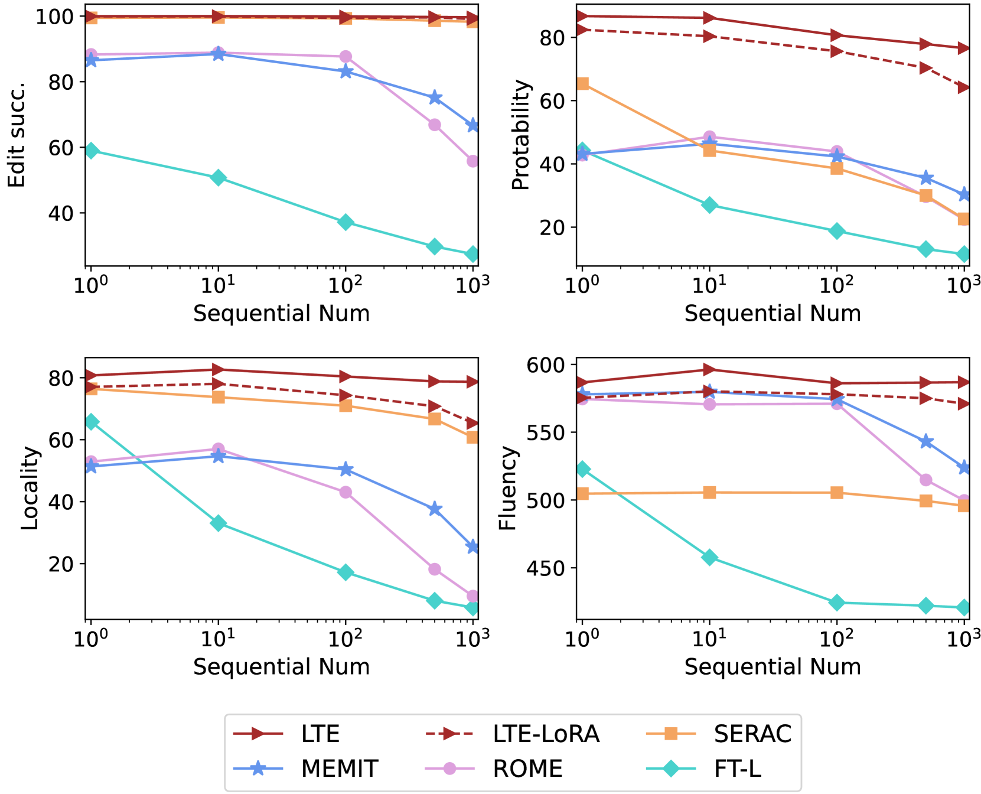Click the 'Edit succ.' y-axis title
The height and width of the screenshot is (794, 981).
click(x=17, y=135)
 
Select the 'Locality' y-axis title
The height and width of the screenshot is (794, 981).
click(x=30, y=488)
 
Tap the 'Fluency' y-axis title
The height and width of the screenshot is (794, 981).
click(x=508, y=488)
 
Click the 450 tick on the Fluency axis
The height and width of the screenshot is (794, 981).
click(x=546, y=568)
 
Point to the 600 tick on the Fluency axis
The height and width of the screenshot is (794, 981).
click(x=546, y=365)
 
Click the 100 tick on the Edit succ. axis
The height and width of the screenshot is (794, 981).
click(x=55, y=17)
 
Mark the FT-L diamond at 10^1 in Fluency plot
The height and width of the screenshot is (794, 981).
click(x=709, y=558)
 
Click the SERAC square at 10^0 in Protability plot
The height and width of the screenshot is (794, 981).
click(x=582, y=84)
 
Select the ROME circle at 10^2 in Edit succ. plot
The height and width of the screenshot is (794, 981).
click(x=346, y=57)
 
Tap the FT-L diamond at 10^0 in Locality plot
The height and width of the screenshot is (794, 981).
click(x=91, y=422)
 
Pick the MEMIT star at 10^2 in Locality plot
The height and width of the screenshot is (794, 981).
click(x=346, y=470)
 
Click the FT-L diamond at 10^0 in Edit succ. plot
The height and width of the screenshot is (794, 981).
click(x=91, y=151)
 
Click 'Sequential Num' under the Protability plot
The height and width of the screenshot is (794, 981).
click(x=773, y=313)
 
